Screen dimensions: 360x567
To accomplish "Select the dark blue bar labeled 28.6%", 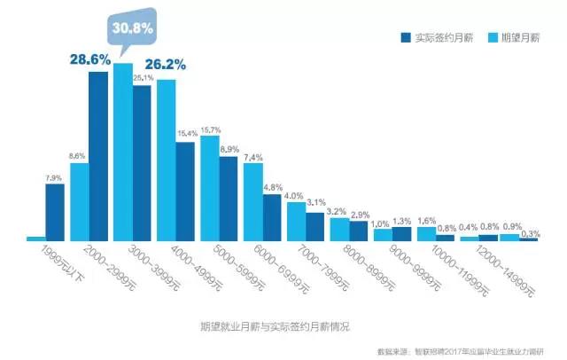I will coord(97,155).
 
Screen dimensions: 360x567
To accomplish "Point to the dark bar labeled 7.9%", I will coord(55,212).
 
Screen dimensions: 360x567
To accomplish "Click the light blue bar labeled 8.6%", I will coord(79,201).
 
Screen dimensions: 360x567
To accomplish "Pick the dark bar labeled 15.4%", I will coord(185,191).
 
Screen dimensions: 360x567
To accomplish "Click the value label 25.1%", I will coord(143,79).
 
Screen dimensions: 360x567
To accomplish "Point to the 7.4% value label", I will coord(252,157).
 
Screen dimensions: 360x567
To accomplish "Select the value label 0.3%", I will coord(532,233).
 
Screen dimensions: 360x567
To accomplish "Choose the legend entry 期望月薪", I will coord(519,38).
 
